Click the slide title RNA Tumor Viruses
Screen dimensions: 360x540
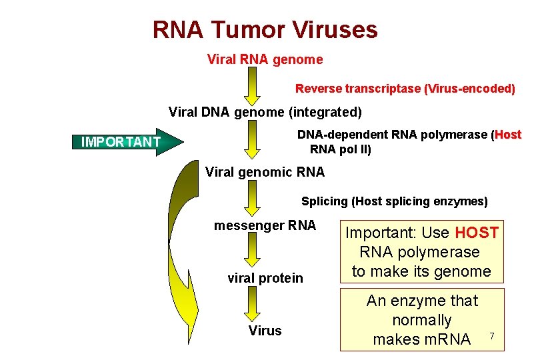pyautogui.click(x=265, y=30)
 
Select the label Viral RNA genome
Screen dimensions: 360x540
pyautogui.click(x=265, y=60)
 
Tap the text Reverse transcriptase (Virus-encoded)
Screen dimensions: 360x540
pyautogui.click(x=405, y=89)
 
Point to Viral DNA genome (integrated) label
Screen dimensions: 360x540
pyautogui.click(x=265, y=112)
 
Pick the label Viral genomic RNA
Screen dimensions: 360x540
pyautogui.click(x=265, y=172)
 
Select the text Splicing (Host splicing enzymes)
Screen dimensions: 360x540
pyautogui.click(x=394, y=201)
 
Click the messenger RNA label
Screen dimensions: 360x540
pyautogui.click(x=265, y=225)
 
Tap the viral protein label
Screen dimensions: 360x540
pyautogui.click(x=265, y=278)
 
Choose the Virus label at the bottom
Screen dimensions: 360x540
pyautogui.click(x=265, y=331)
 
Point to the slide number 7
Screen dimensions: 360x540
pyautogui.click(x=492, y=335)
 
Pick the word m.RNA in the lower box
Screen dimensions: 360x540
pyautogui.click(x=421, y=339)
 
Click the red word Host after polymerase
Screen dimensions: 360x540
pyautogui.click(x=508, y=135)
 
